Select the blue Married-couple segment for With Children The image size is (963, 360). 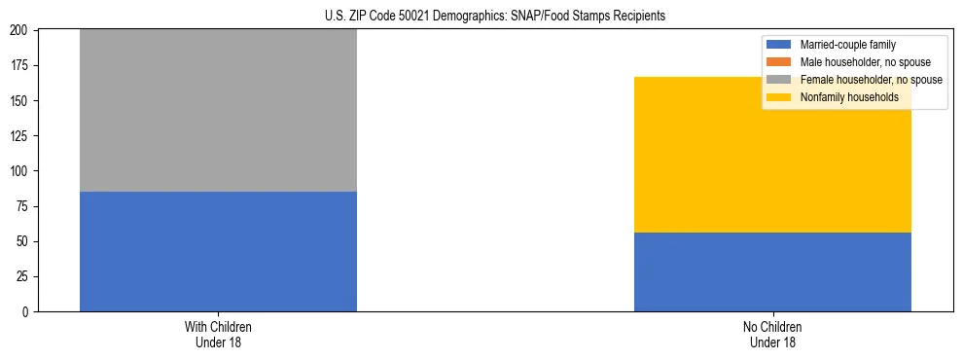(218, 251)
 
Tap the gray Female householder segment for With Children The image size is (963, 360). (218, 110)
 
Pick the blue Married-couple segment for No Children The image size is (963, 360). (772, 271)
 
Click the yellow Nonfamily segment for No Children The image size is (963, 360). (772, 155)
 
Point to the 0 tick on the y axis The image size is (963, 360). (29, 311)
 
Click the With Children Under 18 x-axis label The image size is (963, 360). (218, 334)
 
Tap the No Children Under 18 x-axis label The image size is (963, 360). (772, 334)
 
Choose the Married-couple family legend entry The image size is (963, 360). (847, 45)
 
